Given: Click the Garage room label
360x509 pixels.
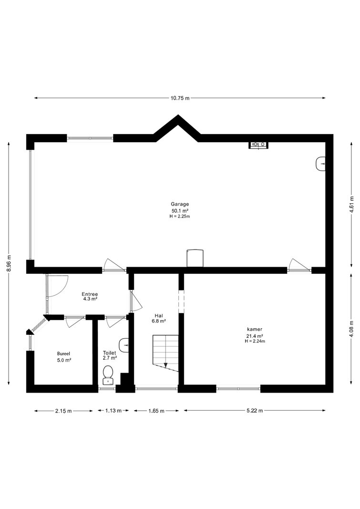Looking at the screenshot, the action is (180, 204).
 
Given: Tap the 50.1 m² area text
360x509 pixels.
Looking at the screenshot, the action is (180, 210).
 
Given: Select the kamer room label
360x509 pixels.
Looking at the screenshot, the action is (255, 329).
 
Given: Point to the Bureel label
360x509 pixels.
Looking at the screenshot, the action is (63, 353).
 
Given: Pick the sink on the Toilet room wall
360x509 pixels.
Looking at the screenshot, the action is (124, 345).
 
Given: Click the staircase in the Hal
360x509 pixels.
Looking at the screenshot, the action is (166, 353).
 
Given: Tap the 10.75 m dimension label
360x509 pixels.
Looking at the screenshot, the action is (180, 98).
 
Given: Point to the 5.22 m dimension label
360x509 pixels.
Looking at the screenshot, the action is (255, 411).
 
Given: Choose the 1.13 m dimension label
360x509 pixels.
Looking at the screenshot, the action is (113, 411).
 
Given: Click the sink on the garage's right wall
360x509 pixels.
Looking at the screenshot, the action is (320, 163).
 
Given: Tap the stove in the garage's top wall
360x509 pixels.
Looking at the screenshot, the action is (258, 145).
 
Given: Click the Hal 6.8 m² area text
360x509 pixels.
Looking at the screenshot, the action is (159, 321).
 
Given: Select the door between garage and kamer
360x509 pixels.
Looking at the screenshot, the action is (299, 265).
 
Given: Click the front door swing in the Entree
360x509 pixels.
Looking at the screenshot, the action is (58, 286).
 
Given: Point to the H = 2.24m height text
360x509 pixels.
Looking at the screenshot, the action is (255, 341).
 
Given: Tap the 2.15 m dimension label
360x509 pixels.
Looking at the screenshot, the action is (63, 411).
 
